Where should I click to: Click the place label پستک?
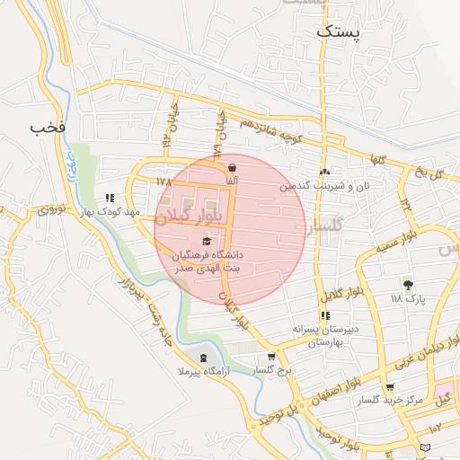pyautogui.click(x=338, y=31)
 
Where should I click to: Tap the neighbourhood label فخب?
pyautogui.click(x=49, y=127)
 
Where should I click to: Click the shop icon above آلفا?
pyautogui.click(x=233, y=167)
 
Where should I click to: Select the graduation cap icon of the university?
pyautogui.click(x=208, y=241)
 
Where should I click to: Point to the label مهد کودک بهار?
pyautogui.click(x=110, y=211)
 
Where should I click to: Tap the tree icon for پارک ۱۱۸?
pyautogui.click(x=409, y=285)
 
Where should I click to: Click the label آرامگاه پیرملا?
pyautogui.click(x=205, y=370)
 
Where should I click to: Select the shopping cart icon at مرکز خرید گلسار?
pyautogui.click(x=389, y=388)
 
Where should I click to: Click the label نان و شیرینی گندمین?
pyautogui.click(x=323, y=186)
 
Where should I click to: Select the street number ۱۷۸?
pyautogui.click(x=163, y=181)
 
